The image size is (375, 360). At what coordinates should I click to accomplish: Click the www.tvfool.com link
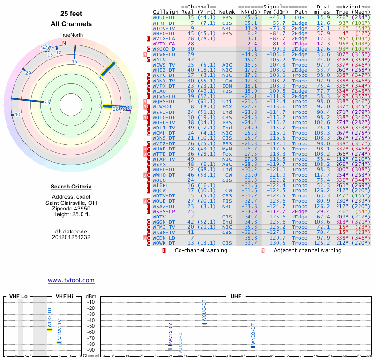point(71,280)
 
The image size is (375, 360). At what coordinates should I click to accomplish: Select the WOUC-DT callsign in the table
point(164,17)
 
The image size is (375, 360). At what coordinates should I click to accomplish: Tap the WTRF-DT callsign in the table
point(164,22)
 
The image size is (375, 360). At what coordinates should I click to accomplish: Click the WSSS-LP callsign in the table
point(164,212)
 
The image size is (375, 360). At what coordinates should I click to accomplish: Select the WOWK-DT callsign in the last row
point(164,243)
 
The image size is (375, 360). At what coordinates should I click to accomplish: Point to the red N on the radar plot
point(65,43)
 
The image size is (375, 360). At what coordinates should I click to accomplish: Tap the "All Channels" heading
point(71,24)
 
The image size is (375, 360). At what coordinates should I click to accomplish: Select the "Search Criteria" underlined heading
point(71,187)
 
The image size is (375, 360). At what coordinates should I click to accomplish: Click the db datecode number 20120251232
point(71,237)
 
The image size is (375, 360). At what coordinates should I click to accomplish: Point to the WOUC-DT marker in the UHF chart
point(204,323)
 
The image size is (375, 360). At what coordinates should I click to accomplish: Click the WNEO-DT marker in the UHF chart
point(253,347)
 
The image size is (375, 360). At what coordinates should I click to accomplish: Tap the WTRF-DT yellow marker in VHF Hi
point(50,330)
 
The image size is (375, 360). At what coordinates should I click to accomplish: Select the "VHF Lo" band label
point(18,297)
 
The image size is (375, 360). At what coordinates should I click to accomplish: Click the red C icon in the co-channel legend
point(164,250)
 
